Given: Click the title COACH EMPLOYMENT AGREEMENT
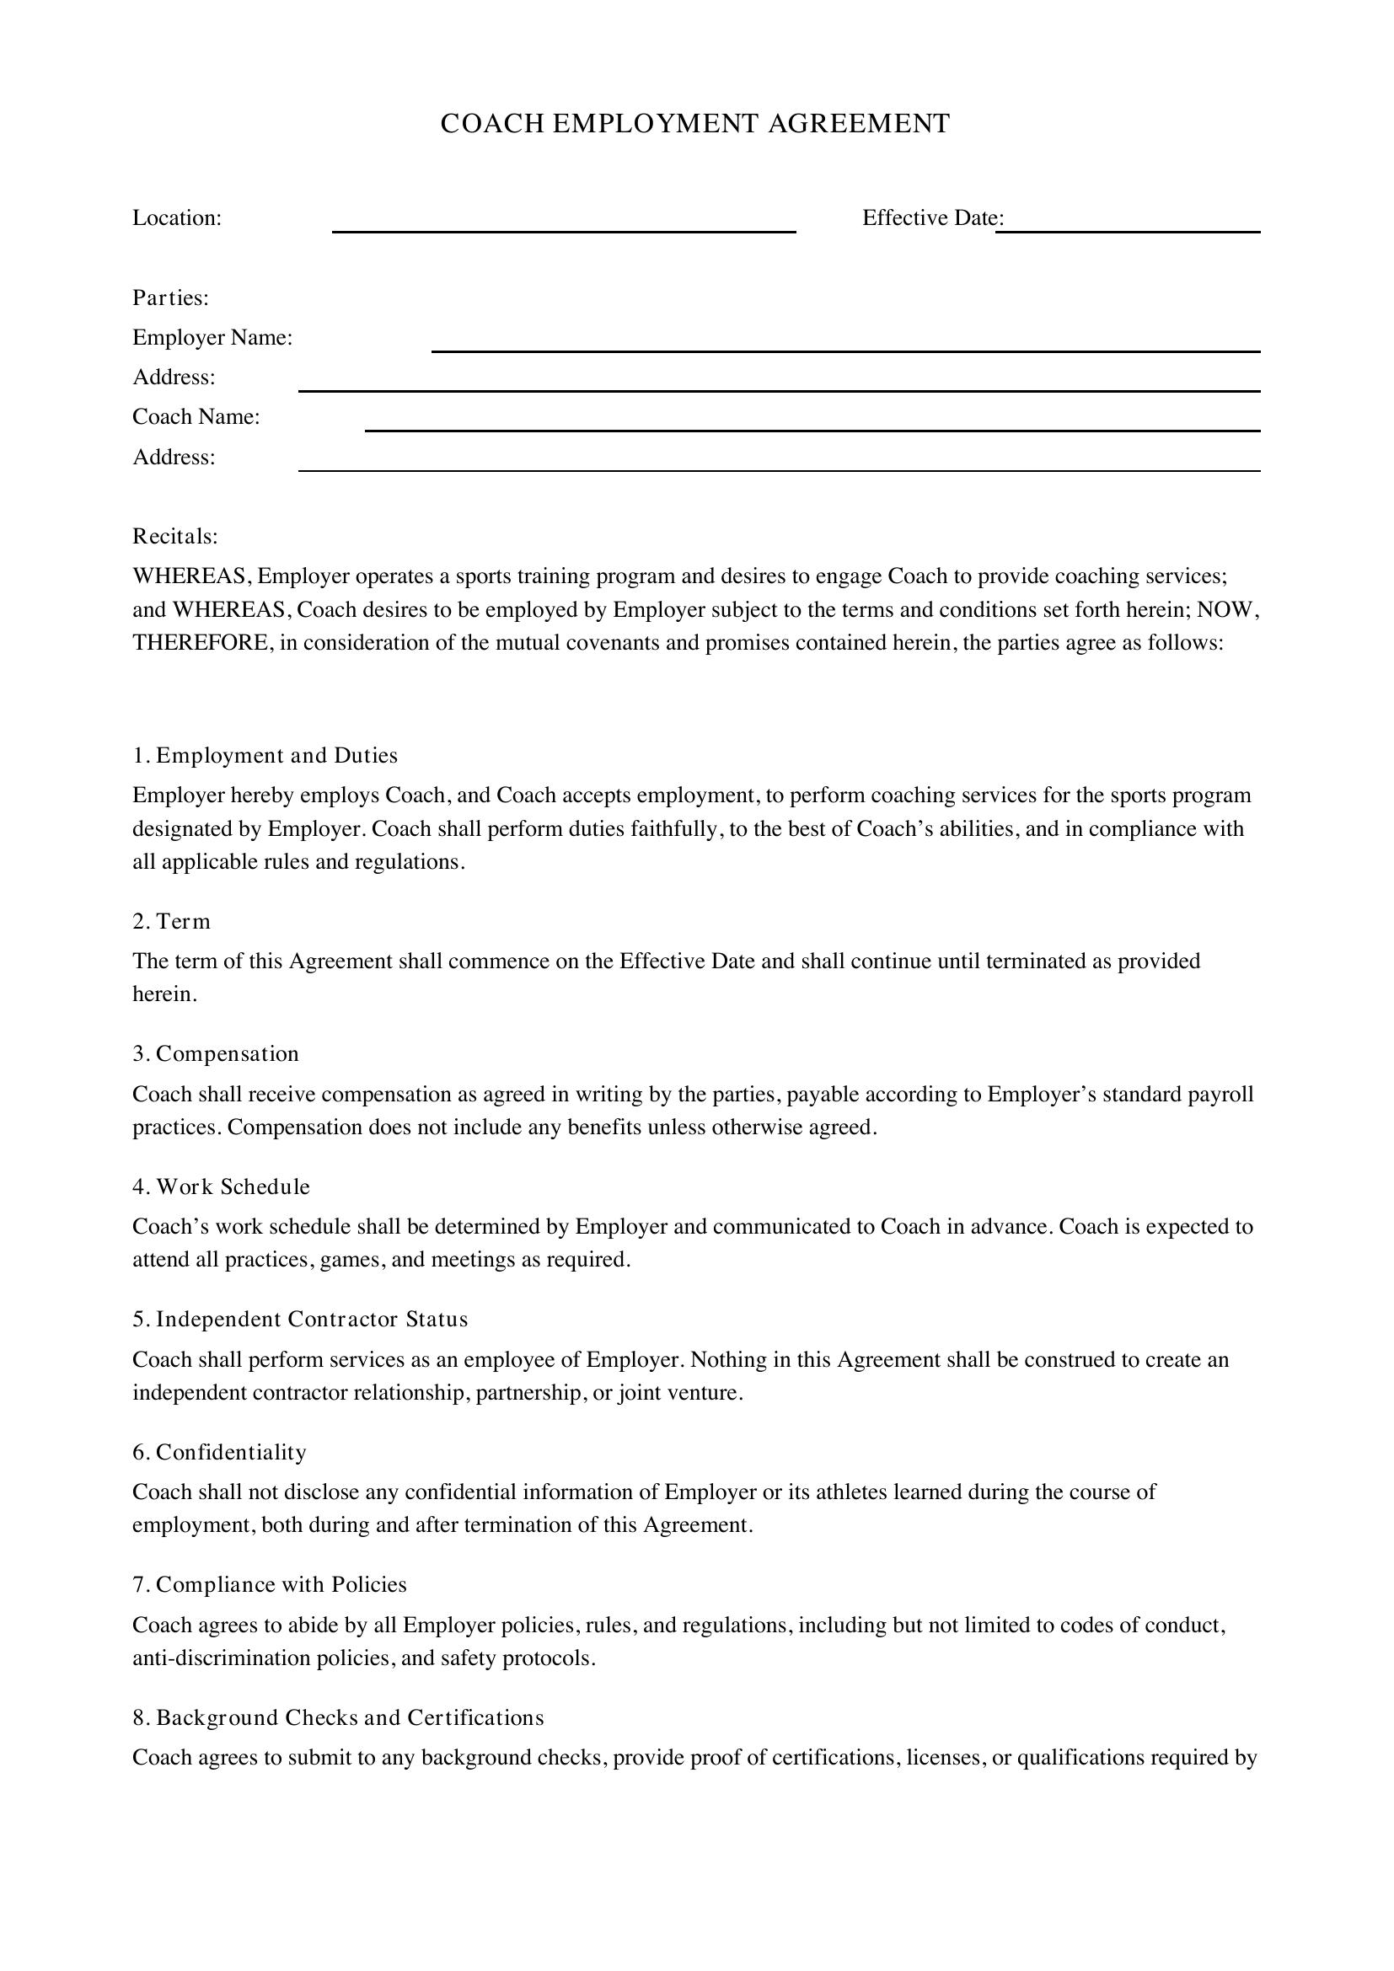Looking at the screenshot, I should pyautogui.click(x=694, y=125).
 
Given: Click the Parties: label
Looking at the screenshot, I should pyautogui.click(x=171, y=297).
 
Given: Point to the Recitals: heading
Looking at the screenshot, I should pyautogui.click(x=175, y=537).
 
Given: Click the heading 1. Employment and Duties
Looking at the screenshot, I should pyautogui.click(x=265, y=755).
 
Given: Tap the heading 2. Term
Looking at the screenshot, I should pyautogui.click(x=172, y=921).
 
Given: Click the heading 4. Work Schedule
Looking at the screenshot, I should pyautogui.click(x=222, y=1186).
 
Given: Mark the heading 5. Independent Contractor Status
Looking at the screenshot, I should pyautogui.click(x=300, y=1320).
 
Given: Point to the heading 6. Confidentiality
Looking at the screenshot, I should pyautogui.click(x=220, y=1452).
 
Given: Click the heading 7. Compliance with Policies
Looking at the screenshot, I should pyautogui.click(x=270, y=1584).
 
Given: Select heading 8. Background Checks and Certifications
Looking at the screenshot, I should pyautogui.click(x=338, y=1717).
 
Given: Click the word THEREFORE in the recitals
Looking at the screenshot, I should pyautogui.click(x=201, y=643).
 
